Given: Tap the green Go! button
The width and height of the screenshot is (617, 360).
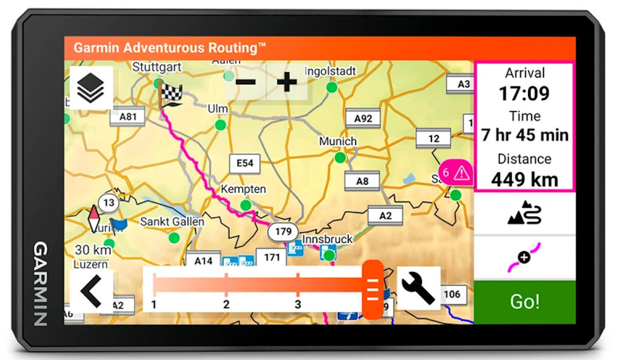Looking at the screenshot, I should [x=524, y=302].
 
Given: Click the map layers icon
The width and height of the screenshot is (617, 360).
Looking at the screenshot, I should [x=91, y=87].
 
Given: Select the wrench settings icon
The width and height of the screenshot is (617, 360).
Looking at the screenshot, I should [x=418, y=288].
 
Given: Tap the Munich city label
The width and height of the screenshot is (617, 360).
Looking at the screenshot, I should [x=338, y=141].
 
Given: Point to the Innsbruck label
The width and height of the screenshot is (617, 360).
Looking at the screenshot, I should [x=328, y=239].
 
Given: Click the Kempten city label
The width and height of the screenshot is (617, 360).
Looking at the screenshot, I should [x=243, y=189].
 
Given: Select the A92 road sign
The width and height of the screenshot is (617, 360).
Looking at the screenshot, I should [x=363, y=119].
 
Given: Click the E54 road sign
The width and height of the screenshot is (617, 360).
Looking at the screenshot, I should [x=245, y=164].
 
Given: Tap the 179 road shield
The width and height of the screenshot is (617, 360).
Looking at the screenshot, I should [x=283, y=231].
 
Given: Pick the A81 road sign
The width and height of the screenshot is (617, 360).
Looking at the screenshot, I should [x=128, y=117].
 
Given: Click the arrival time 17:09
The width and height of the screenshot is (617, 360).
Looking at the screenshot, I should [x=524, y=94].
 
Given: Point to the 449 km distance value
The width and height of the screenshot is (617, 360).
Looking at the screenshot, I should [x=524, y=179].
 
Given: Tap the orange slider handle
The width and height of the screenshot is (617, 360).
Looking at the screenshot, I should [x=372, y=290].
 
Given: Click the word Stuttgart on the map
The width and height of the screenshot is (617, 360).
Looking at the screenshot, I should [x=157, y=67].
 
